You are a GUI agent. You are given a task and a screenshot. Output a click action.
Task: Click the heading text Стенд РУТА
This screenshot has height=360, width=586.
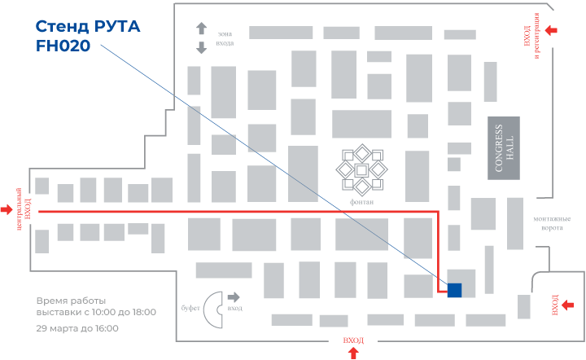(x=88, y=27)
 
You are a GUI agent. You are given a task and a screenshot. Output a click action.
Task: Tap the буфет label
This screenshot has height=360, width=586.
(x=190, y=309)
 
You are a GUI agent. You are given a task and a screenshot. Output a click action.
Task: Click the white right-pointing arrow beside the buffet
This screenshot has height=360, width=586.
(x=234, y=297)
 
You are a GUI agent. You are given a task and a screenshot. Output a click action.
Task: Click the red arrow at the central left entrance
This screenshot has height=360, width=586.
(x=7, y=209)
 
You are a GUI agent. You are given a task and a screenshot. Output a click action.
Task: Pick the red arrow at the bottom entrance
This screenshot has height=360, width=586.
(x=353, y=353)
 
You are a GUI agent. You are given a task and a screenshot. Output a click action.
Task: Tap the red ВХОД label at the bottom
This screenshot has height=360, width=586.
(x=353, y=340)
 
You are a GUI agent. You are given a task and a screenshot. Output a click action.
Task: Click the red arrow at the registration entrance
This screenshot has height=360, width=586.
(x=552, y=30)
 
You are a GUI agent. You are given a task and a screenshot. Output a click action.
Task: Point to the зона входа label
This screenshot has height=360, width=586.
(x=225, y=38)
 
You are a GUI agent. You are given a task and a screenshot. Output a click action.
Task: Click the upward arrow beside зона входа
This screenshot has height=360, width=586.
(x=201, y=28)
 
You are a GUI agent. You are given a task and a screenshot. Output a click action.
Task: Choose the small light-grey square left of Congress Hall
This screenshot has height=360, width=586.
(x=454, y=165)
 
